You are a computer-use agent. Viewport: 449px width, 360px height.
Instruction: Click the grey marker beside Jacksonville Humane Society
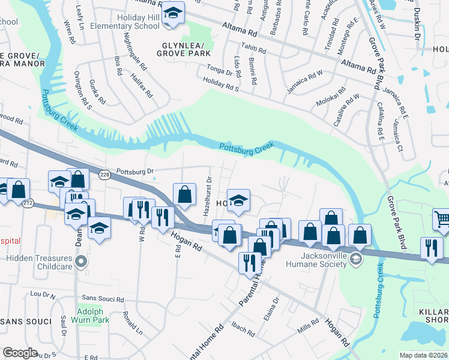point(356,259)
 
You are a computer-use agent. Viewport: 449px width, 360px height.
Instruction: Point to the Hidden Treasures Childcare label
point(39,260)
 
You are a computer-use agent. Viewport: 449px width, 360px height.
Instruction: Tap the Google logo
point(20,353)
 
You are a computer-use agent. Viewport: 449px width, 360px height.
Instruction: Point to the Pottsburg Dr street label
point(135,171)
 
